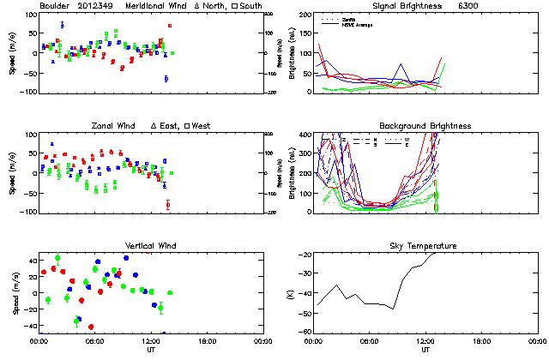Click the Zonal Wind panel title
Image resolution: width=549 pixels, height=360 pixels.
tap(116, 126)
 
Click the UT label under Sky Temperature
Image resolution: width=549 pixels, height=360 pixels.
tap(425, 350)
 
